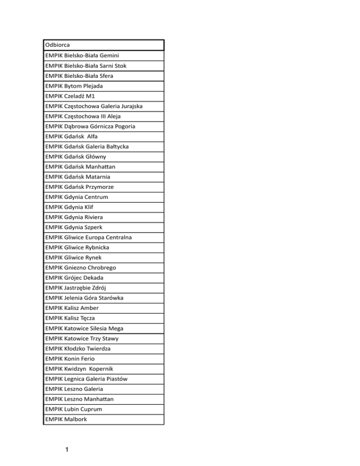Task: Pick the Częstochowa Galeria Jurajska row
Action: tap(94, 106)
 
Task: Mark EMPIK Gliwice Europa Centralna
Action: tap(89, 238)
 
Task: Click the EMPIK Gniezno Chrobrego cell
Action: tap(81, 268)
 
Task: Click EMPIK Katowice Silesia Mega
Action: tap(85, 328)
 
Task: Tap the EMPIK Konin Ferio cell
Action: tap(73, 359)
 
